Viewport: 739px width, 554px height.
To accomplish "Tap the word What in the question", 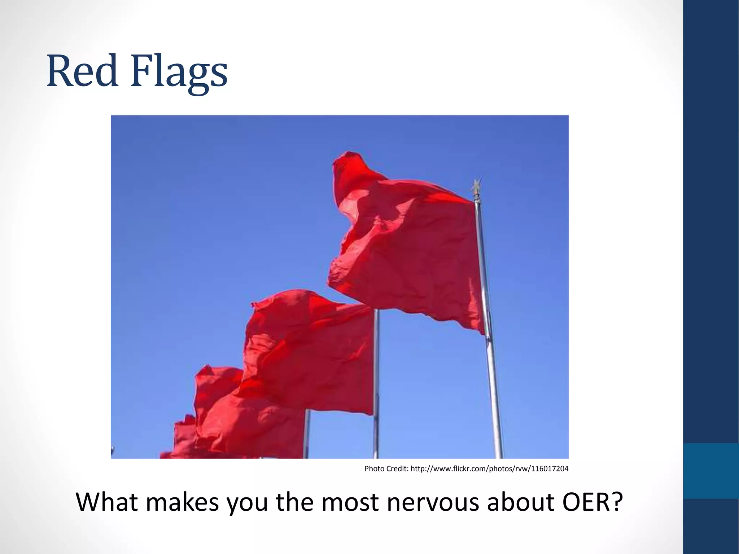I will (x=107, y=502).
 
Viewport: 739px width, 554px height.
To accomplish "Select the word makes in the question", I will (x=183, y=502).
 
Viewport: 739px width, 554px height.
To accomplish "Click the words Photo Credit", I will (x=386, y=469).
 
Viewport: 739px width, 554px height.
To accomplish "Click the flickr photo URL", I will (x=489, y=469).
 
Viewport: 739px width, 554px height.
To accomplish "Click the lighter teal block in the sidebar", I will (x=711, y=471).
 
